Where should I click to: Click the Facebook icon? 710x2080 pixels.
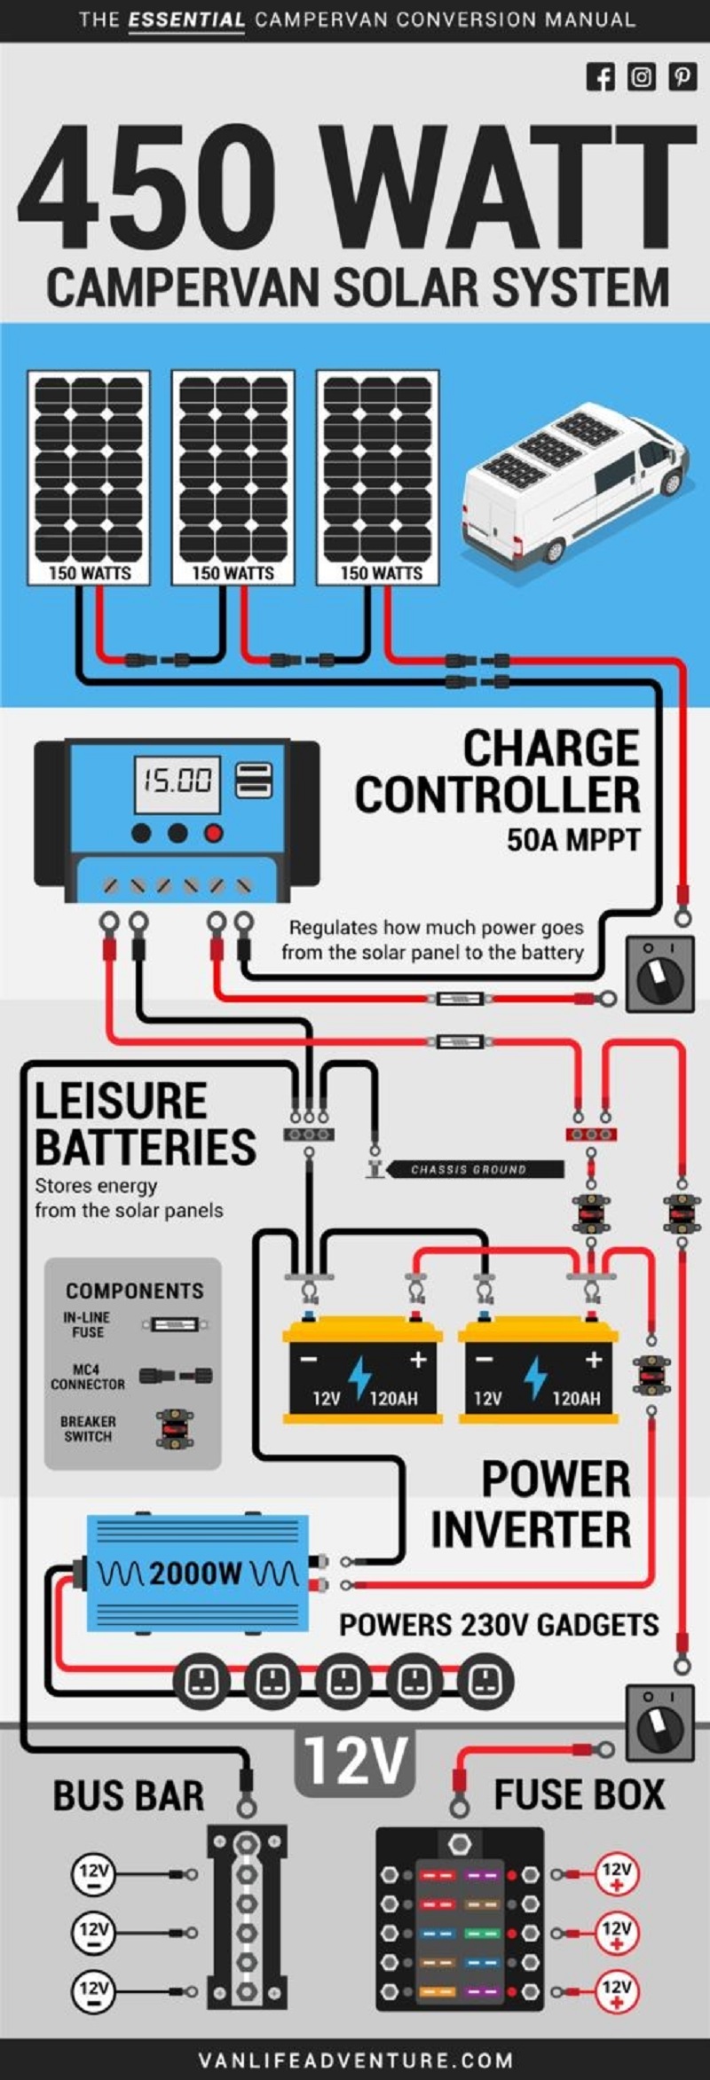600,77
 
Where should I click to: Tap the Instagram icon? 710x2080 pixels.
641,77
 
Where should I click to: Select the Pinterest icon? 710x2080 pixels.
682,77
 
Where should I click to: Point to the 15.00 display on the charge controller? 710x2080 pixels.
177,781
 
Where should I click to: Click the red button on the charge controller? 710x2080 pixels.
214,833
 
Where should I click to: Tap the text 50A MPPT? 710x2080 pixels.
572,839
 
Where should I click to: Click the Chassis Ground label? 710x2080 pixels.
469,1169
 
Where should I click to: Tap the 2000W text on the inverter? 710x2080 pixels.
196,1574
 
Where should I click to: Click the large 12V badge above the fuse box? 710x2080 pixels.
355,1762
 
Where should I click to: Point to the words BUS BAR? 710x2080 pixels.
129,1795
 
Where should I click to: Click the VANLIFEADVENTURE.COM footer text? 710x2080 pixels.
355,2060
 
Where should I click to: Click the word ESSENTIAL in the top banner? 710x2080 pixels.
186,20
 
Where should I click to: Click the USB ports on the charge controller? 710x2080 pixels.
253,781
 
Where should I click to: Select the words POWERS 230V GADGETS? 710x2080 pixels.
499,1624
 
